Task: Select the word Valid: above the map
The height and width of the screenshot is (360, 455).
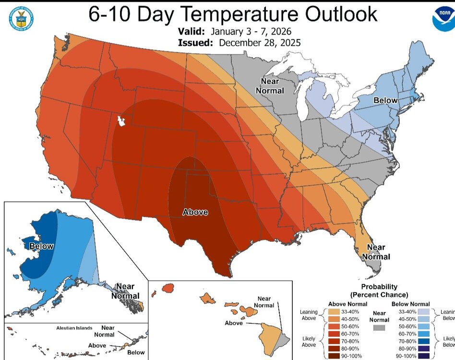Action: pos(190,32)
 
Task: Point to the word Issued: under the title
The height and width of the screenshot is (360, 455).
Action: pos(194,43)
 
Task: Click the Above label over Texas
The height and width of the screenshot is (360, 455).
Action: pos(195,212)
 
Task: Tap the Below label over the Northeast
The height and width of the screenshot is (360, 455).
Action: pos(385,100)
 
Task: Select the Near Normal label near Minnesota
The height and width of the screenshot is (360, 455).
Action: pos(272,85)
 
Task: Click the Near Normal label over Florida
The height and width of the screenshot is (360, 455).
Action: pos(376,252)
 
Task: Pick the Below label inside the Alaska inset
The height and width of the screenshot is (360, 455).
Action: pos(41,246)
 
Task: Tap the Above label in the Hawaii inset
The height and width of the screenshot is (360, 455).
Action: pos(234,323)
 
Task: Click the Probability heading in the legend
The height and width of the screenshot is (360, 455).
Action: pos(379,287)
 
